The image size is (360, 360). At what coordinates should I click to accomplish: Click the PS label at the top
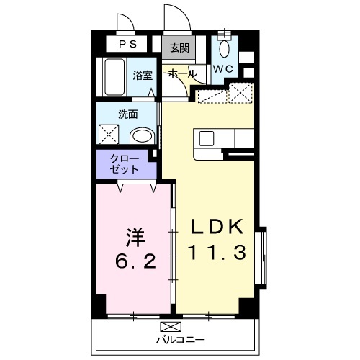tap(128, 44)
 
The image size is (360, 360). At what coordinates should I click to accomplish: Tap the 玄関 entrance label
tap(180, 48)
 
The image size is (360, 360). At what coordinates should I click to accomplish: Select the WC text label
tap(223, 69)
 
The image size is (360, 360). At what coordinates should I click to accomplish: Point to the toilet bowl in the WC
tap(225, 49)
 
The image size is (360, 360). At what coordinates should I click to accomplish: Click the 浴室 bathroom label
tap(143, 76)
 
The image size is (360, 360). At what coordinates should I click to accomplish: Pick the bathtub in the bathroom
tap(114, 77)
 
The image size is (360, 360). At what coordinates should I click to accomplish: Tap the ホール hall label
tap(182, 73)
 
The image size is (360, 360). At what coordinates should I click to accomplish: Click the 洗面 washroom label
tap(128, 114)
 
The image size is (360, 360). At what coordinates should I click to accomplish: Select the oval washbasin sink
tap(142, 137)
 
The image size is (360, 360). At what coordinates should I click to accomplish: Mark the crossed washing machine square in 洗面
tap(109, 135)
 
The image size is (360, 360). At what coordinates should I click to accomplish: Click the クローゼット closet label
tap(125, 164)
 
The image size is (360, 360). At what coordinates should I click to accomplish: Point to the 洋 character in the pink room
tap(136, 238)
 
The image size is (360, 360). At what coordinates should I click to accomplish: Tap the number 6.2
tap(136, 261)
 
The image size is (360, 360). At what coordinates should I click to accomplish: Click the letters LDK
tap(217, 227)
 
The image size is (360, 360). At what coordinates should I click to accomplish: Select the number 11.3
tap(217, 252)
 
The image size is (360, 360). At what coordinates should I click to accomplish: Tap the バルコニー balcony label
tap(181, 340)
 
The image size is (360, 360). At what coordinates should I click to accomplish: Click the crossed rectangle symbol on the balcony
tap(171, 327)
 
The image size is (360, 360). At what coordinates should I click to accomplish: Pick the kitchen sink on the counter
tap(207, 139)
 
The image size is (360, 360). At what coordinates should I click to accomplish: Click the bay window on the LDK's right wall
tap(261, 258)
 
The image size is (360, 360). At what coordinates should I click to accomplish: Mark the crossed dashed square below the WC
tap(240, 93)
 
